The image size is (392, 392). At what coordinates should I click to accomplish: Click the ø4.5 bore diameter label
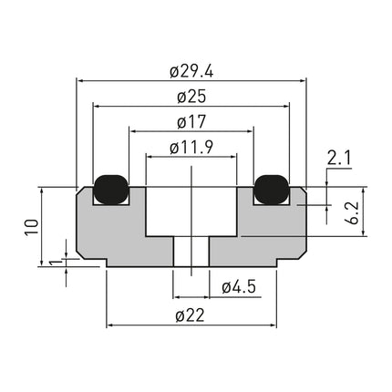click(x=238, y=288)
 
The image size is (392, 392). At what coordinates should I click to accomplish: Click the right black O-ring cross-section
click(x=272, y=188)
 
